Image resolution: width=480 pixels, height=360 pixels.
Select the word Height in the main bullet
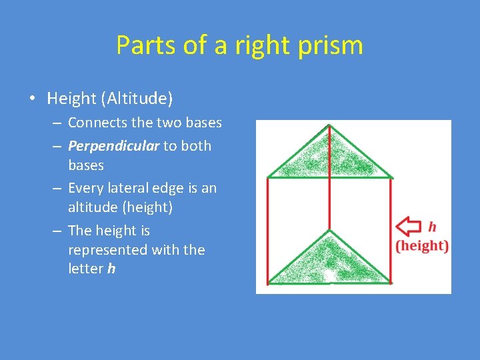point(72,99)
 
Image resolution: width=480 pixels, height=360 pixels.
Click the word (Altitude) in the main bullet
point(137,99)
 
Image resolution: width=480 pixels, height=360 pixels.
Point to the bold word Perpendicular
point(113,146)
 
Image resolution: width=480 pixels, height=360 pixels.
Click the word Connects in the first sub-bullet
point(93,123)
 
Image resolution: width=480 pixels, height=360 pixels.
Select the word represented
point(107,250)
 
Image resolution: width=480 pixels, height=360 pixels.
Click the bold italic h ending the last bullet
point(111,269)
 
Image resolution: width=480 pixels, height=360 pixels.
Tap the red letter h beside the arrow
point(432,227)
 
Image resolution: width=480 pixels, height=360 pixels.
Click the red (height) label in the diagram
point(422,245)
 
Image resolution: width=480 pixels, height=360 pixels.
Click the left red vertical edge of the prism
point(268,230)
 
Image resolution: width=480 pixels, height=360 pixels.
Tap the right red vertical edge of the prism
point(391,230)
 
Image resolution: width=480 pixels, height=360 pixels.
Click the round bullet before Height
point(32,99)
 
